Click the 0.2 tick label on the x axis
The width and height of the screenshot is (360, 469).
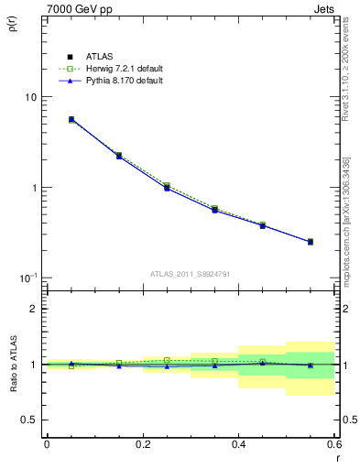142,444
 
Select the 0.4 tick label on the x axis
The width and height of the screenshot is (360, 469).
238,444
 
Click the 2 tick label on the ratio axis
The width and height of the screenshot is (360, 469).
34,309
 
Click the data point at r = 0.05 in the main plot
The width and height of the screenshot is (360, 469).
71,119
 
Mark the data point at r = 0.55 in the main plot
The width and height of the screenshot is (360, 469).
311,242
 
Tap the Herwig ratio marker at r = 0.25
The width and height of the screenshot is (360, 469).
167,360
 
